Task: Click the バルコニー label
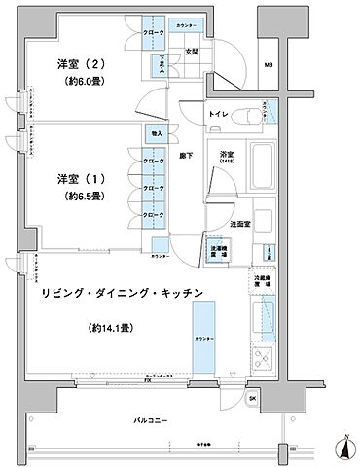pyautogui.click(x=151, y=421)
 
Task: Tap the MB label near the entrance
pyautogui.click(x=268, y=66)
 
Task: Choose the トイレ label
pyautogui.click(x=217, y=116)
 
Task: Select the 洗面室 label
pyautogui.click(x=242, y=224)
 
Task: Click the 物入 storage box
pyautogui.click(x=156, y=132)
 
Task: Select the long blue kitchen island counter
pyautogui.click(x=203, y=336)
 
